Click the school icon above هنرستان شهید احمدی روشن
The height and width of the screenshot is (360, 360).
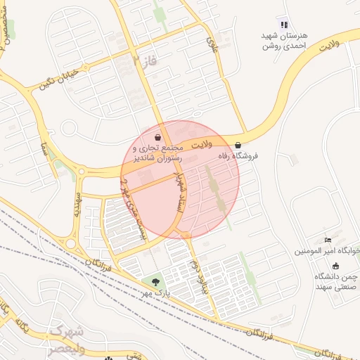tap(283, 24)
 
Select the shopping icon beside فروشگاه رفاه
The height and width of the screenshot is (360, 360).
tap(238, 145)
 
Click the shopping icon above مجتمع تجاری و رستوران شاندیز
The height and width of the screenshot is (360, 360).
tap(158, 136)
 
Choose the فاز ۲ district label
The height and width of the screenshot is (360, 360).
tap(145, 62)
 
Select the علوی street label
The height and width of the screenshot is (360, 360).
tap(211, 44)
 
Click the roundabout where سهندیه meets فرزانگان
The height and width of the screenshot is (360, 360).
tap(71, 244)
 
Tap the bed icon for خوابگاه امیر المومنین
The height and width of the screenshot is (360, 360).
tap(328, 241)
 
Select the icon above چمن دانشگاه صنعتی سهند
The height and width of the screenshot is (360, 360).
tap(335, 266)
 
